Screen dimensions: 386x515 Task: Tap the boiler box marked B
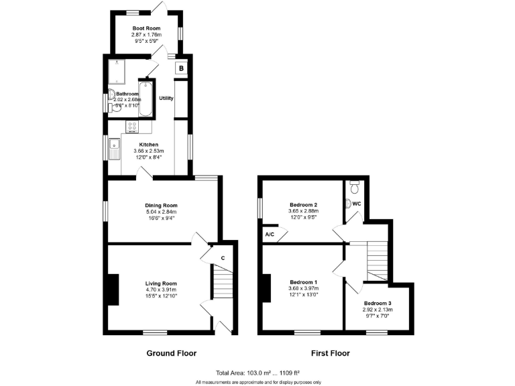coord(181,68)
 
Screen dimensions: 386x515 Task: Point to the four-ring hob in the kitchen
coord(132,126)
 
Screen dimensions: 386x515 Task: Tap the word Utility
coord(166,99)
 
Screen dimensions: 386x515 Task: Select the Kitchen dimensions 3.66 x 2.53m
coord(148,151)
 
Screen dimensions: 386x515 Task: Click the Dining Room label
coord(161,206)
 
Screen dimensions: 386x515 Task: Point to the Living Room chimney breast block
coord(113,289)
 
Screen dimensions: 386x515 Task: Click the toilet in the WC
coord(355,184)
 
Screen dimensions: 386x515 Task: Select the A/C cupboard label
coord(270,235)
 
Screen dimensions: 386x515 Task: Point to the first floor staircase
coord(378,261)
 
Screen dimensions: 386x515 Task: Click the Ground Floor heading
coord(171,353)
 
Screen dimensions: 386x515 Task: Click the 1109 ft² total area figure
coord(285,373)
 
